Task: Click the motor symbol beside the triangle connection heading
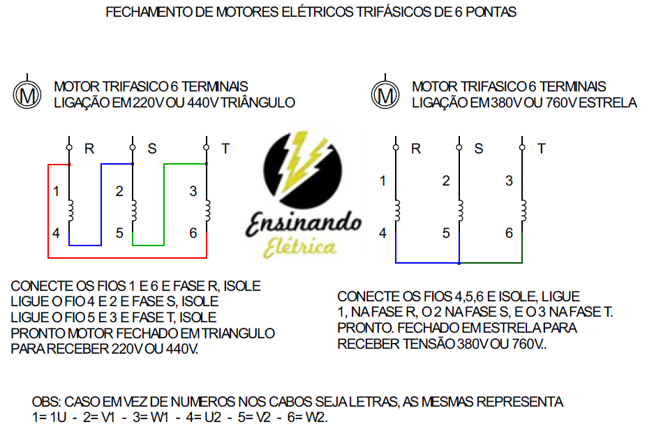pyautogui.click(x=27, y=93)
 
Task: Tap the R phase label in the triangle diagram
pyautogui.click(x=89, y=149)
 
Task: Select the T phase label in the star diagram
pyautogui.click(x=542, y=149)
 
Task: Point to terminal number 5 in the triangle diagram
pyautogui.click(x=119, y=233)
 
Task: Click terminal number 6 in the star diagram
pyautogui.click(x=509, y=233)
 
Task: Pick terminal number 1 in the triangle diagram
pyautogui.click(x=56, y=191)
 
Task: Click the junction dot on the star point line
pyautogui.click(x=459, y=263)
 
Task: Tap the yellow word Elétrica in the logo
pyautogui.click(x=302, y=246)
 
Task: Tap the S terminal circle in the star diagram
pyautogui.click(x=459, y=147)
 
